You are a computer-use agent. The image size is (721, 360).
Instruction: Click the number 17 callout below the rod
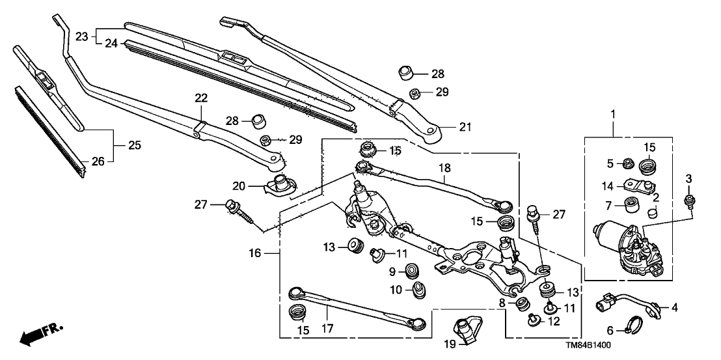point(327,329)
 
